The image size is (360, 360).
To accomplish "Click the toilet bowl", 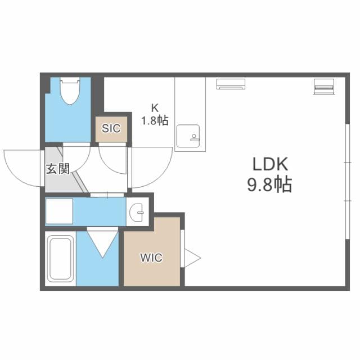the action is point(70,94).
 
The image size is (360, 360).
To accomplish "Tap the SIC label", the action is point(111,128).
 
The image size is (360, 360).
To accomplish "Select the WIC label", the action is point(151,258).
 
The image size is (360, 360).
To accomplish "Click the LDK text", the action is point(270,164).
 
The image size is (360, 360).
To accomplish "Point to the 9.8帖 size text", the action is point(269,184).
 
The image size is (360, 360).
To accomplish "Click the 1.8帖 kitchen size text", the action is point(155,120).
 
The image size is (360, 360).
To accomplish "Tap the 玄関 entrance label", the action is point(57,169).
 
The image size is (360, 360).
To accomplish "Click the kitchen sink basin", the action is point(188,136).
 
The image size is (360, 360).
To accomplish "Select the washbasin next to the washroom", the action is point(137,213).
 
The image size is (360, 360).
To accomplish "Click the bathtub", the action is point(60,259).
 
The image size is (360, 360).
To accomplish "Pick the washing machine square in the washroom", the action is point(60,211).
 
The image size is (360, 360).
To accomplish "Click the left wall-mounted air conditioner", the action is point(231,84).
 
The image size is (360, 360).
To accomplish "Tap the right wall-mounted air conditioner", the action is point(324,86).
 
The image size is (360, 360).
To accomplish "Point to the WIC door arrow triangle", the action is point(192,258).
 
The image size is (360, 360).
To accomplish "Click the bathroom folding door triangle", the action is point(102,244).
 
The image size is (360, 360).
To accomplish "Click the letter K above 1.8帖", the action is point(155,107).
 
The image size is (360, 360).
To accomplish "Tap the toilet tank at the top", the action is point(70,80).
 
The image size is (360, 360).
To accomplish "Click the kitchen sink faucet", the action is point(193,137).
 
